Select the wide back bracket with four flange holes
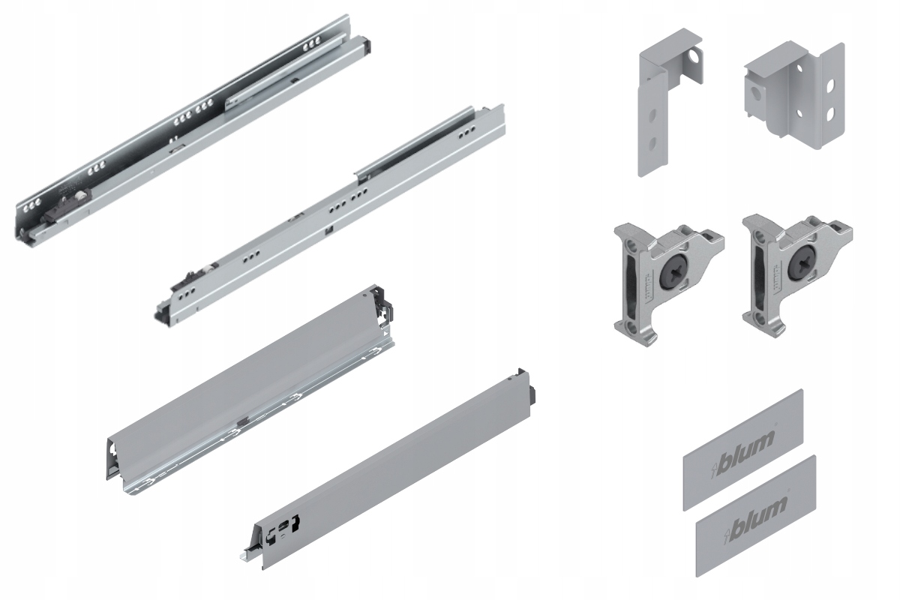[791, 94]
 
